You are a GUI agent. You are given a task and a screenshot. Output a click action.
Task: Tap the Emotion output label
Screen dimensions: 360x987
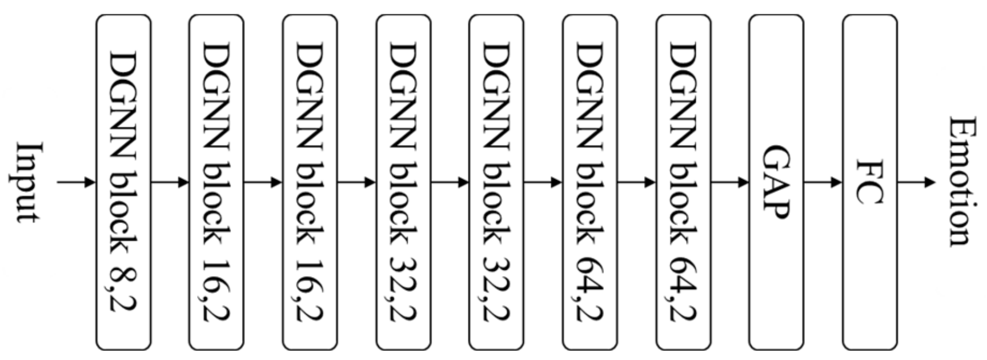[x=960, y=182]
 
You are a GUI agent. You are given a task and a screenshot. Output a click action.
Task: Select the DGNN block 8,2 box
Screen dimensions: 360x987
[x=123, y=182]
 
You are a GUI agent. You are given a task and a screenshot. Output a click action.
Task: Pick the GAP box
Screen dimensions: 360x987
[x=776, y=182]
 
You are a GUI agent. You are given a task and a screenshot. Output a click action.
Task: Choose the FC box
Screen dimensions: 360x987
[x=869, y=182]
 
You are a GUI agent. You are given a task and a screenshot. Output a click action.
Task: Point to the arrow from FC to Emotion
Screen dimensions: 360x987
[x=916, y=182]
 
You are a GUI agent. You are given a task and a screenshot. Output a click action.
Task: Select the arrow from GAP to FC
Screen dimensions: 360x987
[x=822, y=182]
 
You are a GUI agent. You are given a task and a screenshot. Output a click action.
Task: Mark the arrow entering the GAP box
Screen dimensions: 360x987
[x=729, y=182]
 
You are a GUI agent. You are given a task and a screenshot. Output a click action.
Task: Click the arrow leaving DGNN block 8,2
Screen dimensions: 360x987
[x=170, y=182]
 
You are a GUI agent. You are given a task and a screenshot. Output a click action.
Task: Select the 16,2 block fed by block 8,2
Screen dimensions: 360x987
[x=216, y=182]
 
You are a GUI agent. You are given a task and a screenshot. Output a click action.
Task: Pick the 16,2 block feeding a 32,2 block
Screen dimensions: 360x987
[x=310, y=182]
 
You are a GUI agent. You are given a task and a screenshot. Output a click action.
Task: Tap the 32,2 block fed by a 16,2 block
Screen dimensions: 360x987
[x=403, y=182]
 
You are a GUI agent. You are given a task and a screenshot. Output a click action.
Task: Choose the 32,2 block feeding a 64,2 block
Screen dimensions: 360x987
[x=496, y=182]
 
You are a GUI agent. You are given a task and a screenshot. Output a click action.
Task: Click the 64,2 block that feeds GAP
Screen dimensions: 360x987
[x=683, y=182]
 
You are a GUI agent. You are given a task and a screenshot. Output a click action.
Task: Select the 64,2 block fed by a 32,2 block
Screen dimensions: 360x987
[x=589, y=182]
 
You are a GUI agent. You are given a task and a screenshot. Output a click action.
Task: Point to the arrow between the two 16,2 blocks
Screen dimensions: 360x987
[x=263, y=182]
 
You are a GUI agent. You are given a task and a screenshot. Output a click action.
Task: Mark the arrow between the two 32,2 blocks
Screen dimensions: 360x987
[x=450, y=182]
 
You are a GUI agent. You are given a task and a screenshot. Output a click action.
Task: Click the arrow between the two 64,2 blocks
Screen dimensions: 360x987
[x=636, y=182]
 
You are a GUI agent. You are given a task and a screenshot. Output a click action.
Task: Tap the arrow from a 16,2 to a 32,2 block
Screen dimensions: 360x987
[x=356, y=182]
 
